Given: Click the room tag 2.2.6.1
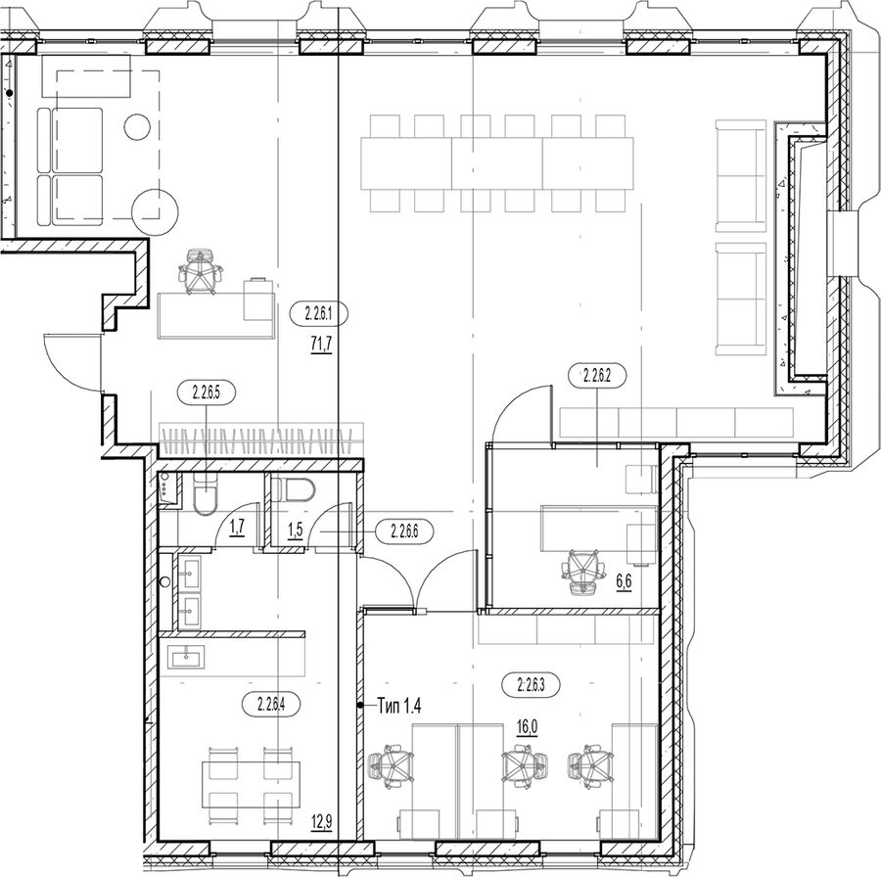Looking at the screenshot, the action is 319,315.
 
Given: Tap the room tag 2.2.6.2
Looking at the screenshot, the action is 597,375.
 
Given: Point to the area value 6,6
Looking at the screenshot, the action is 625,582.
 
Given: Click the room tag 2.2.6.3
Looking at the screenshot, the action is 531,685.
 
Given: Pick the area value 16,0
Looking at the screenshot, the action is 527,727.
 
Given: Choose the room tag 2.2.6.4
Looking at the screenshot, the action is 271,704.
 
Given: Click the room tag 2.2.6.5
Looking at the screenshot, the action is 206,392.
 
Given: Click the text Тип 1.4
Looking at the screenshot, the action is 399,706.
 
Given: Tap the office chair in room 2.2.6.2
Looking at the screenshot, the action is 584,573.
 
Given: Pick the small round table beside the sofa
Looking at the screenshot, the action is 138,127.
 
